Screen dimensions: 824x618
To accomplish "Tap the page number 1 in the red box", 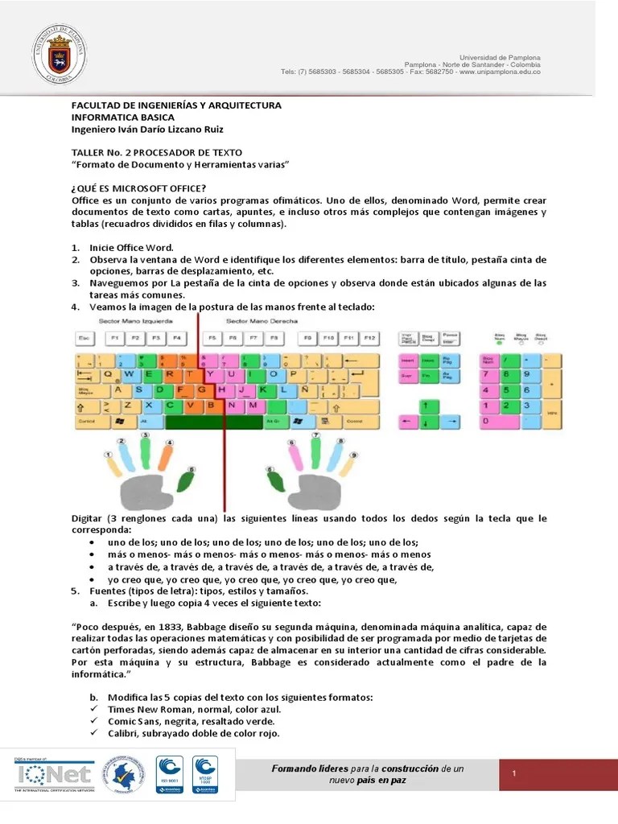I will point(513,774).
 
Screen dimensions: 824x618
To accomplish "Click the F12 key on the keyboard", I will point(369,339).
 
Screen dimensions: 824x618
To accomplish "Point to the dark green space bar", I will point(212,421).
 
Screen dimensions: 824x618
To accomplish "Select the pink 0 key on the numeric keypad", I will point(499,421).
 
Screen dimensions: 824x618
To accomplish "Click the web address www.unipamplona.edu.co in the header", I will point(500,72).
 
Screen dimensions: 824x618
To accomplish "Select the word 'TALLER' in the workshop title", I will point(88,152).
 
